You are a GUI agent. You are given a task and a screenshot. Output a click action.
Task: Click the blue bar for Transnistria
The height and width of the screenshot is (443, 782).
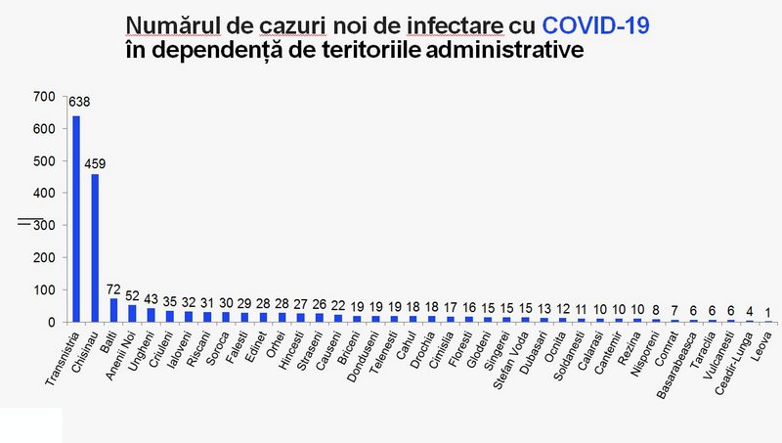[x=76, y=219]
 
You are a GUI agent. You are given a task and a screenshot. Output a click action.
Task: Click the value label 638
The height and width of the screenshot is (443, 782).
[x=78, y=102]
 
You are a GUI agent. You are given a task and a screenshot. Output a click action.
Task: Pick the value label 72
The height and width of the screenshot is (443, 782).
[x=112, y=289]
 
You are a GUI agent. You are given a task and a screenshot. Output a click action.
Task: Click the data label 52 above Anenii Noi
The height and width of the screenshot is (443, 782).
[x=132, y=295]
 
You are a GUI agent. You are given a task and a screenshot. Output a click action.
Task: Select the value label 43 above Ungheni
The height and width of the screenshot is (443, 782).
[x=151, y=298]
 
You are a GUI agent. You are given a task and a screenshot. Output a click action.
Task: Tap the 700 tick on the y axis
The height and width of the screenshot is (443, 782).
[x=43, y=97]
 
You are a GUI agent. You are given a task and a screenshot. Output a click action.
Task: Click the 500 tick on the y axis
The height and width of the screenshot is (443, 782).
[x=43, y=161]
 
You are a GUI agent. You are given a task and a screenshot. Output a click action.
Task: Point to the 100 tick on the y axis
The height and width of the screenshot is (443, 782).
[x=43, y=290]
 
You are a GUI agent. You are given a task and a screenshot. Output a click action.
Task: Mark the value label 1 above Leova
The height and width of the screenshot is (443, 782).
[x=768, y=313]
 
